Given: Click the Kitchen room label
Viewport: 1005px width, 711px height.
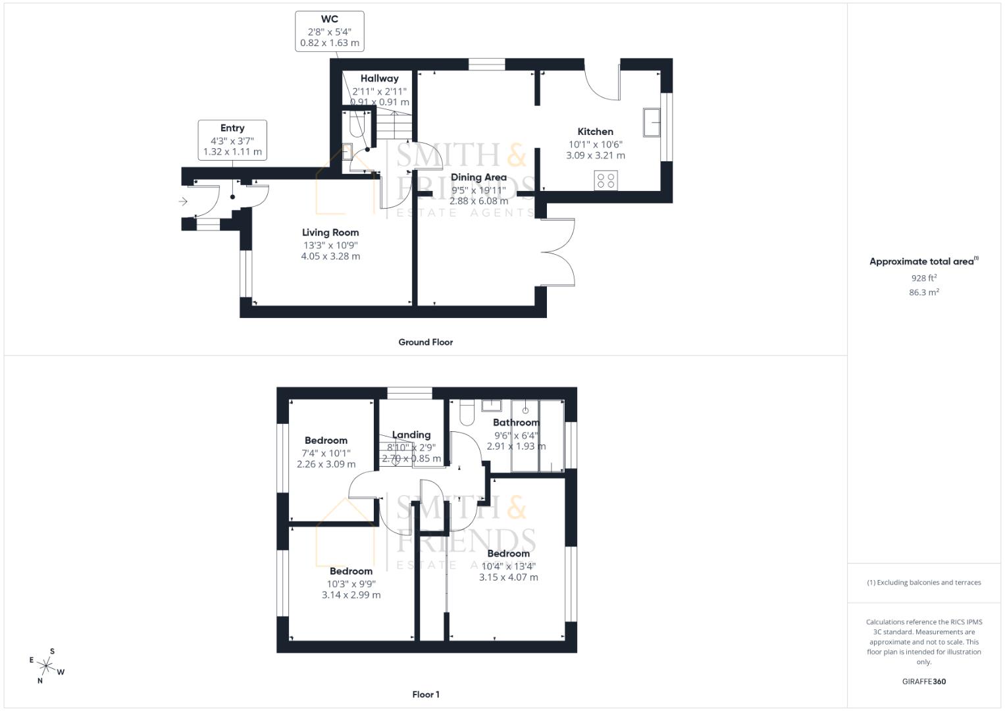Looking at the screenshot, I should [595, 132].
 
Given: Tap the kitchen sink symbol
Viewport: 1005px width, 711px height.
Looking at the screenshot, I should [652, 122].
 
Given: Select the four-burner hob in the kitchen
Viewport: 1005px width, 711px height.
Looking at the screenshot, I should [606, 180].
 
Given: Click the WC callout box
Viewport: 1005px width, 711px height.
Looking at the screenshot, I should [330, 31].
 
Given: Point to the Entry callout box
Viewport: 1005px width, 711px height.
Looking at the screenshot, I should [232, 140].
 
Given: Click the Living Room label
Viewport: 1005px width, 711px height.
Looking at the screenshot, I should [330, 232].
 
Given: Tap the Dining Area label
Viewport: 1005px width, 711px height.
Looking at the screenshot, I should [478, 177].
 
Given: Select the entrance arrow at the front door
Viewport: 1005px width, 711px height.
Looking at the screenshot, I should [184, 201].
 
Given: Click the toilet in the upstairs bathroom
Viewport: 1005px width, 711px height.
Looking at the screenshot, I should [467, 413].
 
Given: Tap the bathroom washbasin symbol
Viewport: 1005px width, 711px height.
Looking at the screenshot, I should [492, 405].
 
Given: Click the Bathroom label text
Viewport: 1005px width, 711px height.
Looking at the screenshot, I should [516, 423].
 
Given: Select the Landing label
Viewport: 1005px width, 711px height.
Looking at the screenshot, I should [411, 434].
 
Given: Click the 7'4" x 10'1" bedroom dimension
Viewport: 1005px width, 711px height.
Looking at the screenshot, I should [326, 453].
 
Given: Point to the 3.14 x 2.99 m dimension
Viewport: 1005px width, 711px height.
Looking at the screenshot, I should [351, 595].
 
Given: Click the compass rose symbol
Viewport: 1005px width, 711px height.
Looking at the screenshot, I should [46, 666].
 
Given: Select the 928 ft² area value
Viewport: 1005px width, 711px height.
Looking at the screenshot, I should [923, 278].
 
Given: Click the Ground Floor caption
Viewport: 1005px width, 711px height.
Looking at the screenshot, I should [425, 342].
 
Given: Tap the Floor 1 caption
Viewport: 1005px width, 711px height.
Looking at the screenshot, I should [426, 695].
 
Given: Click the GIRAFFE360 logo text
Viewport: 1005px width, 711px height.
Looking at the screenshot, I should [923, 681].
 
